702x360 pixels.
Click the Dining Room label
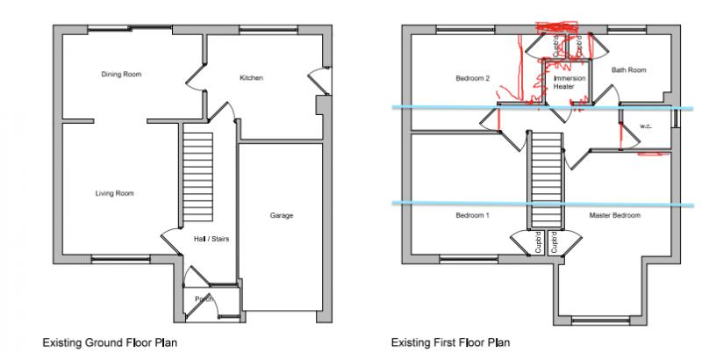(x=121, y=75)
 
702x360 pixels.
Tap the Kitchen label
(x=252, y=78)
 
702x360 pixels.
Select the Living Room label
(x=114, y=193)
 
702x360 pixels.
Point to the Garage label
(x=282, y=215)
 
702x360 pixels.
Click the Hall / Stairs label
(x=211, y=238)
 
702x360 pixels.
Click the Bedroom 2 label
(x=471, y=79)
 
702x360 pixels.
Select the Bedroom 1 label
(x=473, y=215)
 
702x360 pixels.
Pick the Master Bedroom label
(x=614, y=215)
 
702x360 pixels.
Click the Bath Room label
(x=628, y=70)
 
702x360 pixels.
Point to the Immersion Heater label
(x=563, y=83)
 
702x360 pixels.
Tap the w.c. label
(x=645, y=126)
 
